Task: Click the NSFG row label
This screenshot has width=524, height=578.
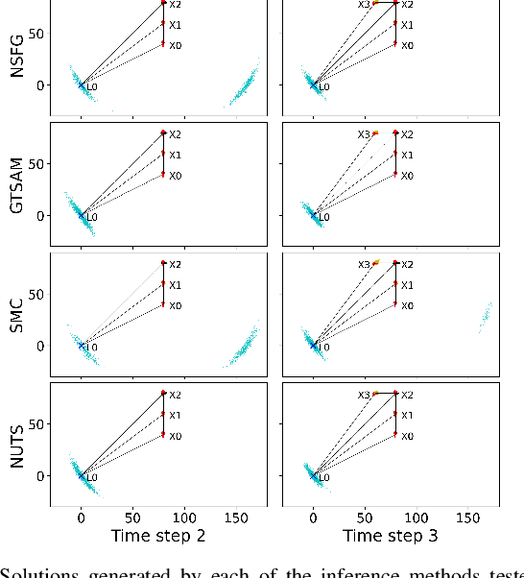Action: pyautogui.click(x=17, y=58)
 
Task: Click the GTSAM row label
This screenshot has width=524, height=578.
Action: pyautogui.click(x=17, y=188)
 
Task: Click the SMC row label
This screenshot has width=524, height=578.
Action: pyautogui.click(x=17, y=318)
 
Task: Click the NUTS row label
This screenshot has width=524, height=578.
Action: pyautogui.click(x=17, y=447)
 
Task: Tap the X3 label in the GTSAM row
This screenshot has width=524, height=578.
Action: pyautogui.click(x=363, y=134)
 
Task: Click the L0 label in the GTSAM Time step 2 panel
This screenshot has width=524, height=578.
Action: pyautogui.click(x=92, y=218)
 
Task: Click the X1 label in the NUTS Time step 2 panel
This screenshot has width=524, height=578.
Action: pyautogui.click(x=174, y=416)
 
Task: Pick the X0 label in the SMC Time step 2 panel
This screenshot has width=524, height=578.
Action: pyautogui.click(x=174, y=306)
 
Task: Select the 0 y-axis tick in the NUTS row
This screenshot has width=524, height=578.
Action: pyautogui.click(x=41, y=475)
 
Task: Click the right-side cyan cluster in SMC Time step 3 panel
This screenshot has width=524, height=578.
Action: pyautogui.click(x=486, y=318)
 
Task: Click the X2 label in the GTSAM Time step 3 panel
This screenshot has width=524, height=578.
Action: pyautogui.click(x=407, y=134)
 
